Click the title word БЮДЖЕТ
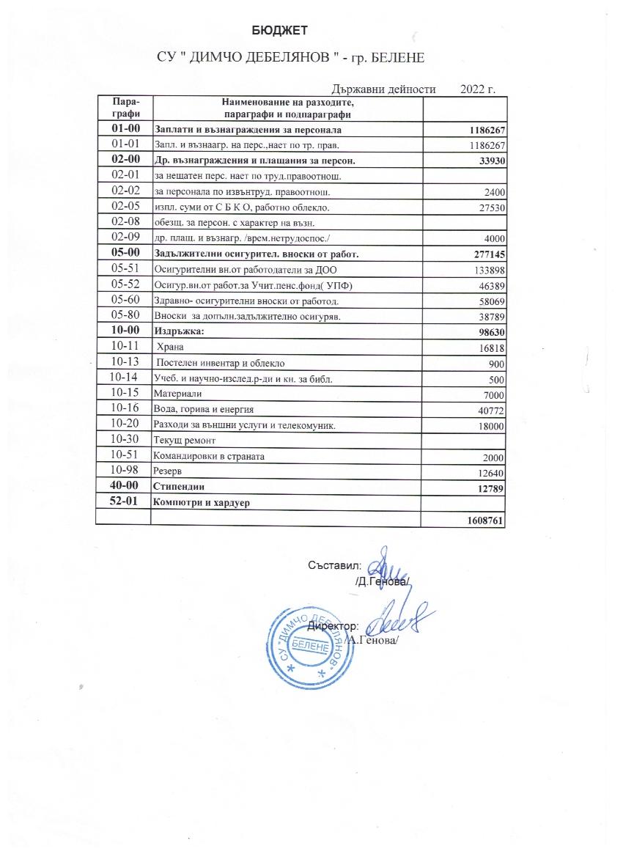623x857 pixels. pyautogui.click(x=279, y=30)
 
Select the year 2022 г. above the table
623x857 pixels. pyautogui.click(x=478, y=89)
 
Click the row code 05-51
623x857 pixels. pyautogui.click(x=122, y=269)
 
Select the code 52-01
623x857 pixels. pyautogui.click(x=122, y=502)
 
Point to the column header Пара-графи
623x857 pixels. pyautogui.click(x=122, y=108)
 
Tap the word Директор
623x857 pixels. pyautogui.click(x=332, y=627)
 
